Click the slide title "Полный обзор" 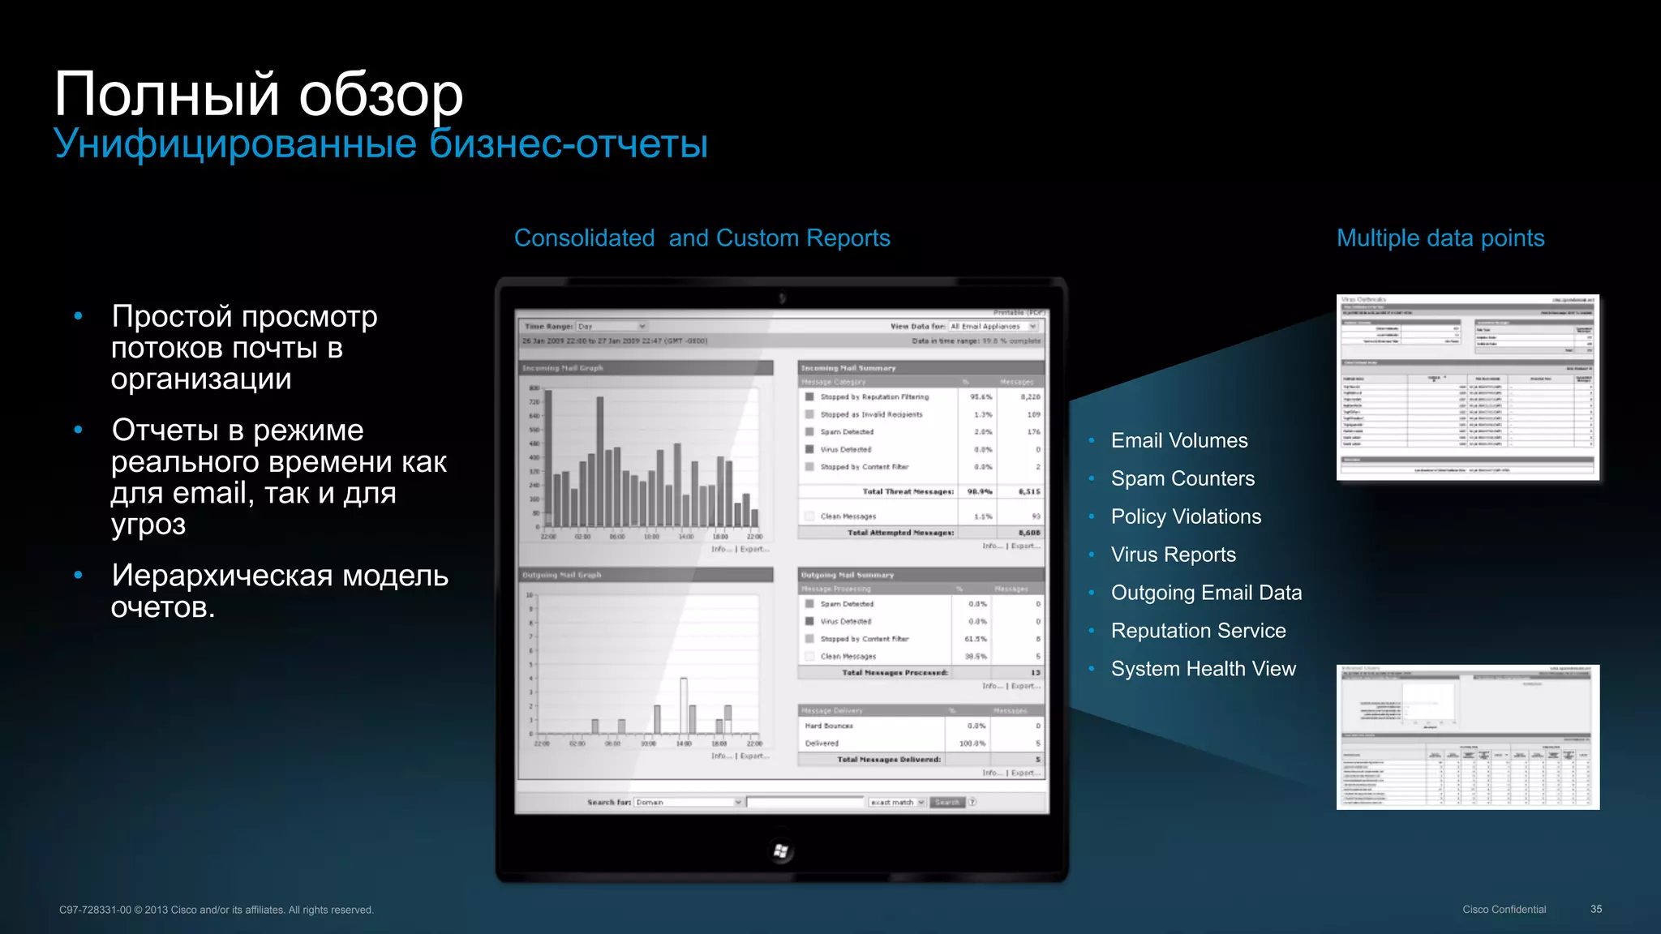[x=258, y=95]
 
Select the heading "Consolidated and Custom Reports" [x=702, y=238]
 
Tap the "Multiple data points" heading [x=1440, y=238]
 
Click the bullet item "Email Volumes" [x=1179, y=441]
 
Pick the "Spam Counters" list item [x=1182, y=479]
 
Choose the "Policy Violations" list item [x=1186, y=517]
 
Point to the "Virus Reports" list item [x=1173, y=555]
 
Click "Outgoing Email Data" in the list [x=1206, y=593]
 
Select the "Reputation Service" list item [x=1198, y=632]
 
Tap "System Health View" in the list [x=1204, y=670]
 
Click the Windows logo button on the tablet [x=781, y=850]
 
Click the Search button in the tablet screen [x=946, y=803]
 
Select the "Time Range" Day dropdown [x=611, y=327]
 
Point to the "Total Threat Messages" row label [x=908, y=492]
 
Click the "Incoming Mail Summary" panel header [x=848, y=368]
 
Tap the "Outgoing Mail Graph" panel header [x=562, y=576]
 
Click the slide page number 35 [x=1595, y=910]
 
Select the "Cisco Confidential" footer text [x=1504, y=910]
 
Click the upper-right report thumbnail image [x=1467, y=387]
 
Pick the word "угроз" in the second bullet [x=148, y=525]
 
